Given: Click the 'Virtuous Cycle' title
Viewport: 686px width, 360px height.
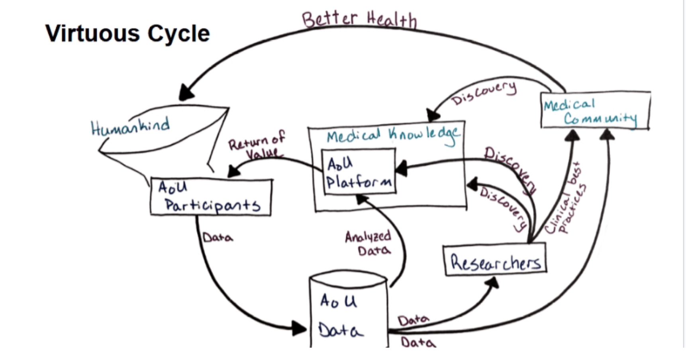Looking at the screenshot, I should [x=127, y=33].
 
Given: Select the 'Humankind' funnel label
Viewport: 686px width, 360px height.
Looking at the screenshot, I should [x=130, y=127].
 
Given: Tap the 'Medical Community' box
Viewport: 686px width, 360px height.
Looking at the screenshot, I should [x=595, y=110].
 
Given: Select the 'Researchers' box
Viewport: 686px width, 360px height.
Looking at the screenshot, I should [x=495, y=261].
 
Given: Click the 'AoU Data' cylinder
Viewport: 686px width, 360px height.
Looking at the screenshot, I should [x=348, y=313].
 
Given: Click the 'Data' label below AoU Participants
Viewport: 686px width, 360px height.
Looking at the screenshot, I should [x=218, y=238].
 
